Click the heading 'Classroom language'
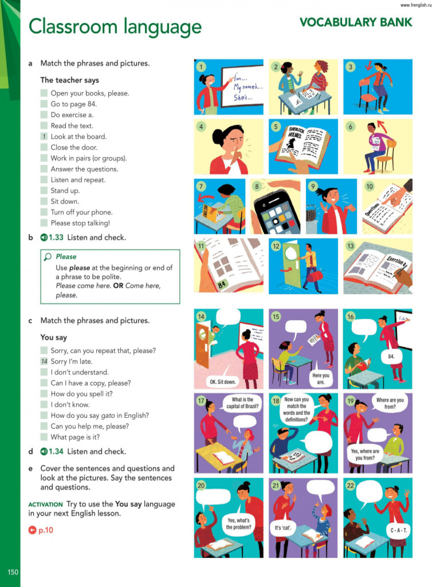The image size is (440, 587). click(x=115, y=27)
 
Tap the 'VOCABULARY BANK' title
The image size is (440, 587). click(x=355, y=23)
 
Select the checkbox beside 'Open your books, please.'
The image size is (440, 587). click(x=44, y=93)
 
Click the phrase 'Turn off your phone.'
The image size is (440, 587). click(x=81, y=212)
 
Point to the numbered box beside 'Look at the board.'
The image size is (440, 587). click(x=44, y=136)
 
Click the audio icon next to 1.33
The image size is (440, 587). click(x=44, y=237)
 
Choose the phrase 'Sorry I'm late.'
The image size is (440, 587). click(x=71, y=361)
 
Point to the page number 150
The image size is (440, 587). click(x=13, y=572)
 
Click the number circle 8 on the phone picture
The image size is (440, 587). click(x=257, y=186)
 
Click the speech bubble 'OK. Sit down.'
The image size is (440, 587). click(x=222, y=382)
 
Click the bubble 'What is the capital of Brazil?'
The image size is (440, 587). click(x=243, y=403)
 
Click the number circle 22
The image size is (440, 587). click(x=350, y=486)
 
